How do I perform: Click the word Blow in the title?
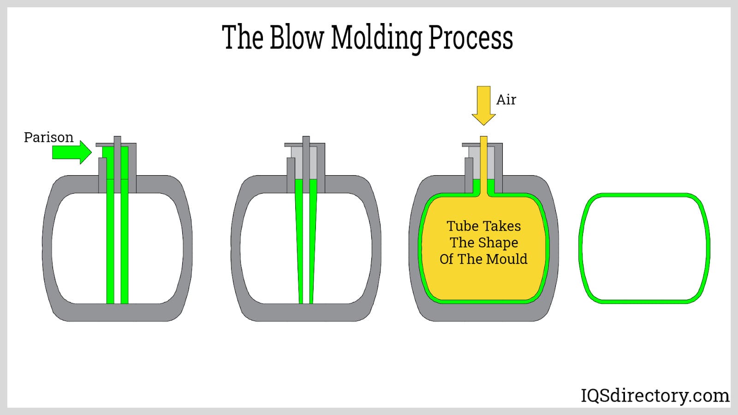(297, 37)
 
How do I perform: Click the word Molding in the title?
(376, 38)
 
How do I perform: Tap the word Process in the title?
(470, 37)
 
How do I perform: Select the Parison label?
(48, 137)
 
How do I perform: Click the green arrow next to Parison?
(71, 152)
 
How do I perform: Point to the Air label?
(506, 100)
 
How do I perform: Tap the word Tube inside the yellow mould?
(463, 226)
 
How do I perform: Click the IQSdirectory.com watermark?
(655, 396)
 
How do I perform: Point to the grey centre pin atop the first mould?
(117, 157)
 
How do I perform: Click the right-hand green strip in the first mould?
(125, 240)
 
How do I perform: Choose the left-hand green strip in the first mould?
(110, 240)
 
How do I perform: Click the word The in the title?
(243, 37)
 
